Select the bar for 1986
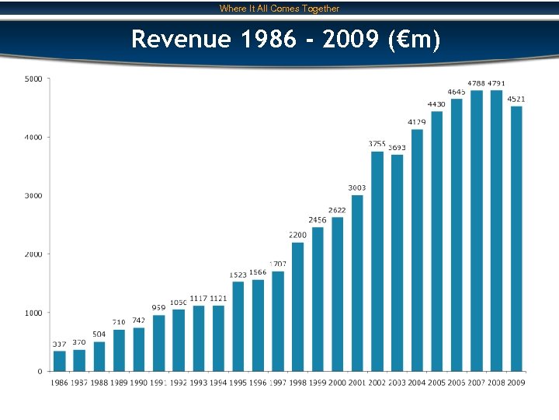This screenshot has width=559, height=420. [59, 361]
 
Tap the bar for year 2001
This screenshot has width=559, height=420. [357, 283]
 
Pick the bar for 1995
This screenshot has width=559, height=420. [238, 326]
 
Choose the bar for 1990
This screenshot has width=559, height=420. [139, 349]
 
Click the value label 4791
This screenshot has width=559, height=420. [497, 83]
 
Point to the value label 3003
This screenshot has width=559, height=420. [357, 187]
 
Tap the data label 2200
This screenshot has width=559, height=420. [297, 234]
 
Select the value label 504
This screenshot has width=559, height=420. [99, 334]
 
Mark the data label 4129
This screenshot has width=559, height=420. [417, 122]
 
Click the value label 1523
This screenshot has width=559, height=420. [238, 275]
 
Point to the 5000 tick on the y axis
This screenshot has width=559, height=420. [33, 79]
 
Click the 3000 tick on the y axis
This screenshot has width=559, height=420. [33, 196]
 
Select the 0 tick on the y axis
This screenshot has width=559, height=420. [40, 371]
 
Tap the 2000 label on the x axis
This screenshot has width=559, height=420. [338, 383]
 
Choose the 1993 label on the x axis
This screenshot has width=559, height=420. [199, 383]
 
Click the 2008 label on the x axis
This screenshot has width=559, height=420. [496, 383]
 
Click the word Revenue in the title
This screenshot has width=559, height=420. [181, 38]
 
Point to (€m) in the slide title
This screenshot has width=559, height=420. [412, 38]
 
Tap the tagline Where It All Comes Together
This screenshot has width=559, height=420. [279, 9]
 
